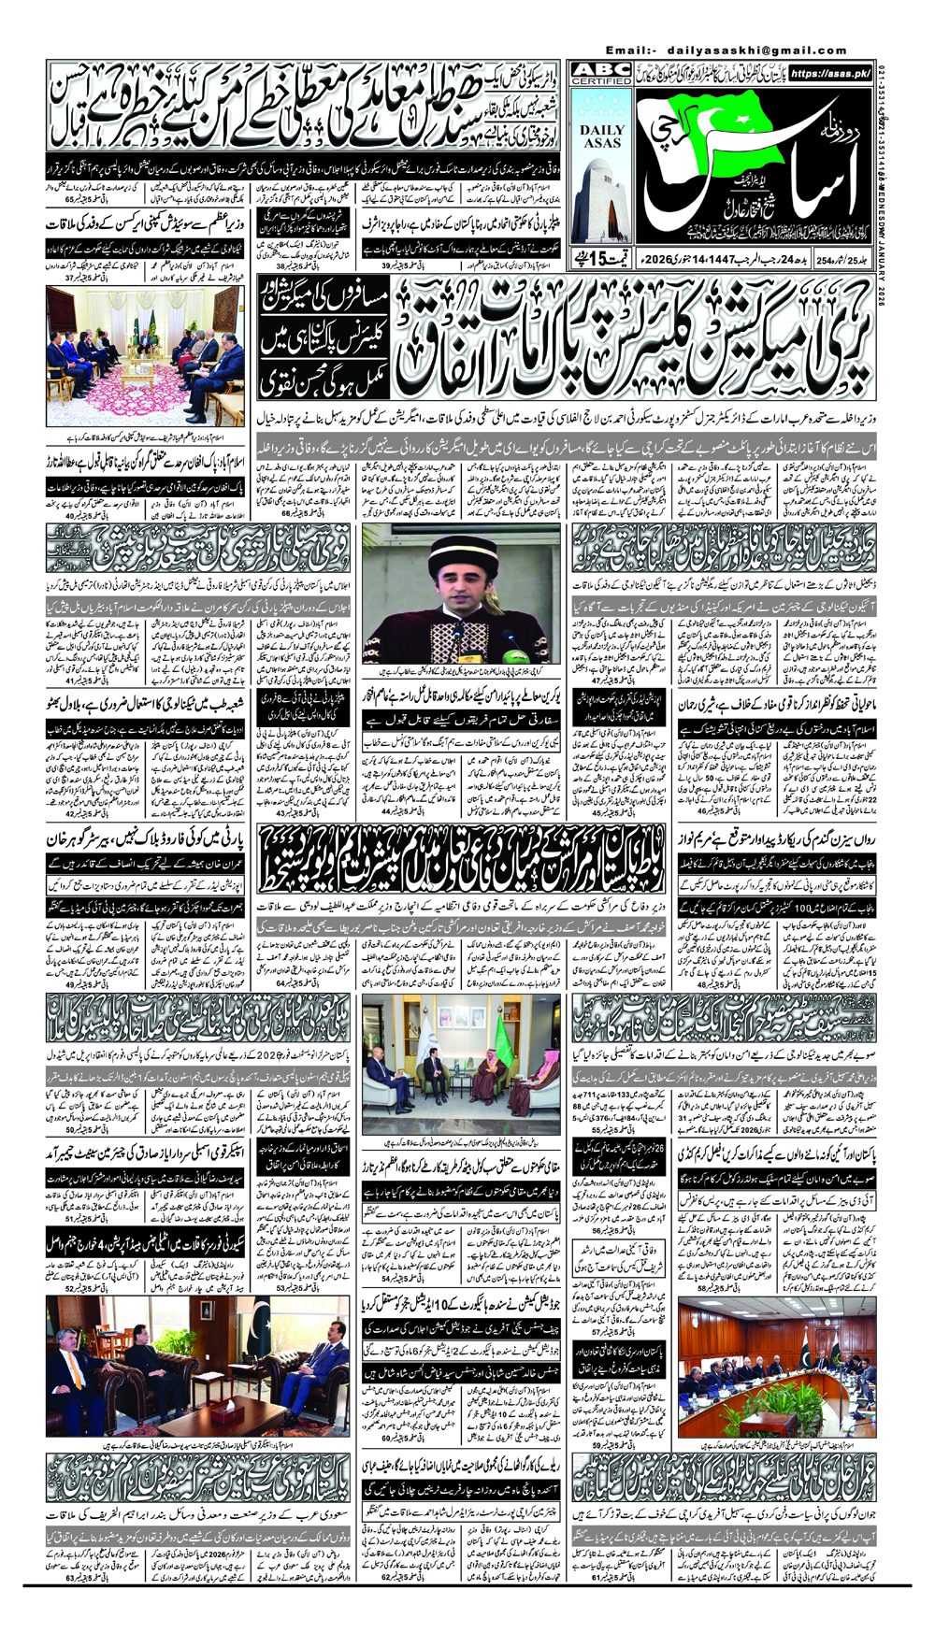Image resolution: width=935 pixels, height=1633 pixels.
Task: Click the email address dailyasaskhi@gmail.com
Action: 756,50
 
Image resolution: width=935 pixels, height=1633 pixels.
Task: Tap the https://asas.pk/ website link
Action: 830,73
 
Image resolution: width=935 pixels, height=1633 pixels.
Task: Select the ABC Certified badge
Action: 602,75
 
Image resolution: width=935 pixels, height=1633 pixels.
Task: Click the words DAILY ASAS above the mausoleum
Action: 602,136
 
